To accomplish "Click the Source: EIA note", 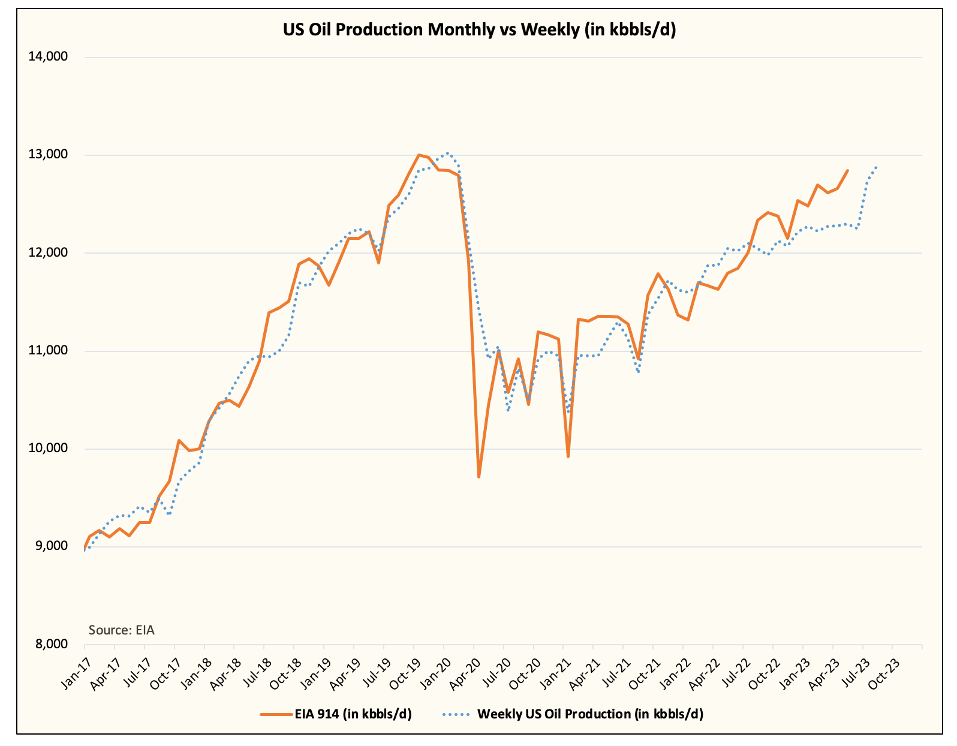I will (x=121, y=630).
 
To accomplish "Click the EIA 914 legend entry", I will (x=336, y=714).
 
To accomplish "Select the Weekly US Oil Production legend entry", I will (x=573, y=714).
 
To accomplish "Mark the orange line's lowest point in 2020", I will (x=478, y=477).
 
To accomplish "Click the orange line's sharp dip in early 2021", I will (x=568, y=457).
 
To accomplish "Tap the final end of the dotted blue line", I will (x=877, y=167).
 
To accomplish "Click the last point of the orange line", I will (x=847, y=170).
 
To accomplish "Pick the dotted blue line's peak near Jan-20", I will (x=447, y=153).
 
